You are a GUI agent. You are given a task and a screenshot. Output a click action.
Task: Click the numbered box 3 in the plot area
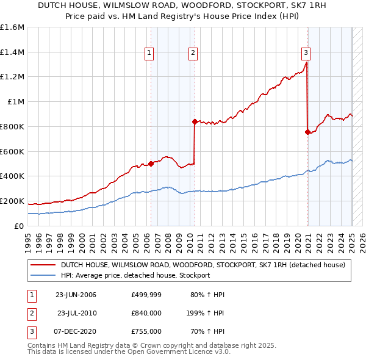(306, 52)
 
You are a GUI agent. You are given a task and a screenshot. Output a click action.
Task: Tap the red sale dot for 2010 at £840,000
(195, 121)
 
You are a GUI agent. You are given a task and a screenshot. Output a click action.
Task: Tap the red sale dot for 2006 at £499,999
(151, 164)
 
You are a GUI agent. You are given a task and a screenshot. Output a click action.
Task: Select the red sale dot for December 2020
(307, 132)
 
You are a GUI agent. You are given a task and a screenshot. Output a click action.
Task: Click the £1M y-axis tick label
(16, 102)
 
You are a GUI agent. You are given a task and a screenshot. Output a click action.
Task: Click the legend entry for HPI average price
(135, 275)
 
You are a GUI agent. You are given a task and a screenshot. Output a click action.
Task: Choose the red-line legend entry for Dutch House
(203, 265)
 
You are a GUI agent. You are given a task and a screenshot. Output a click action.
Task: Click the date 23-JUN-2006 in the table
(76, 295)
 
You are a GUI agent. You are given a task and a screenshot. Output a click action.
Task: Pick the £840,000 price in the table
(146, 313)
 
